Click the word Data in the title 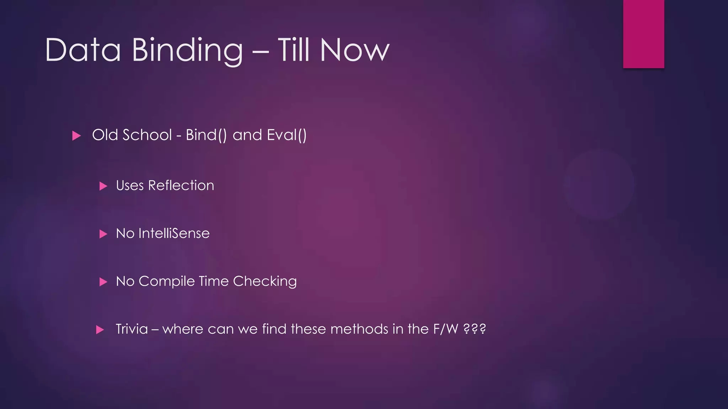(x=83, y=50)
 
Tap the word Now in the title (x=354, y=50)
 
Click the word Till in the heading (x=294, y=50)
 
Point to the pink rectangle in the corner (x=643, y=34)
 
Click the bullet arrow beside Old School (x=76, y=136)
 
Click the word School (x=147, y=135)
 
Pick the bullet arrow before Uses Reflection (x=103, y=186)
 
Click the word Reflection (x=181, y=185)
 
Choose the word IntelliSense (x=174, y=233)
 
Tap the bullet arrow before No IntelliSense (x=103, y=234)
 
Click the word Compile (x=166, y=281)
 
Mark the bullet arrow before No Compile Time (x=103, y=282)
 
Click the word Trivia (x=132, y=329)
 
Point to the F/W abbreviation (x=446, y=329)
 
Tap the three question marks (x=475, y=329)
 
